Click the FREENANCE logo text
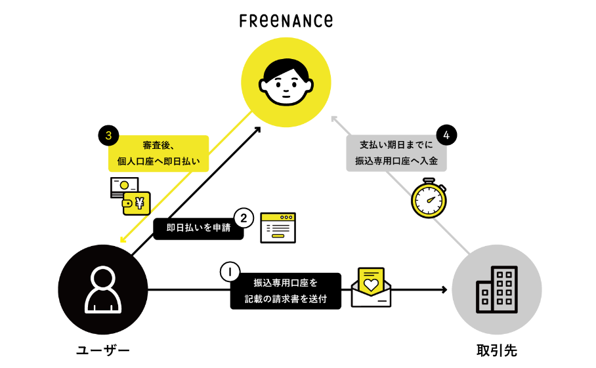click(286, 21)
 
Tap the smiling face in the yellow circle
click(286, 82)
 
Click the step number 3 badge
click(108, 135)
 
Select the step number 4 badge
click(446, 135)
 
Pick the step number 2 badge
click(244, 218)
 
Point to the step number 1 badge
click(230, 272)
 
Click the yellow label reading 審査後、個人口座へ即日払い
click(158, 153)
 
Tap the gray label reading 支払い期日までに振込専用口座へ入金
click(396, 153)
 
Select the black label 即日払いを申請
click(198, 228)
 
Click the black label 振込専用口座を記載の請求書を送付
click(286, 291)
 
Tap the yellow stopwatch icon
click(429, 198)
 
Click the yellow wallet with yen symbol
click(137, 203)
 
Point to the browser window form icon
click(278, 228)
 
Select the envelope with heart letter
click(371, 287)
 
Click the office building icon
click(497, 290)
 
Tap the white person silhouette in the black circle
click(103, 290)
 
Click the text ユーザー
click(103, 350)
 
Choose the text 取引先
click(497, 350)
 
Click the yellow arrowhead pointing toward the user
click(123, 239)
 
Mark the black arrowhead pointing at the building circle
click(444, 290)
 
